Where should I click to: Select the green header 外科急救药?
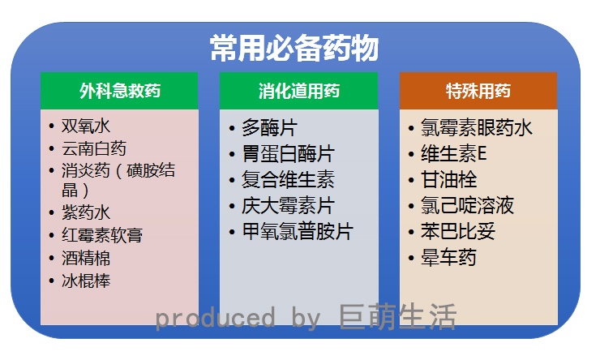[119, 90]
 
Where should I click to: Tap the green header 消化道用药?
[298, 90]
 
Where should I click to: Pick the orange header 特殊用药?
[478, 90]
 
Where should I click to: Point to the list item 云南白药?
[94, 148]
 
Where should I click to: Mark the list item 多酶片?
[269, 128]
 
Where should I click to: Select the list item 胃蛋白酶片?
[288, 154]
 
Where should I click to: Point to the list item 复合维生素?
[288, 180]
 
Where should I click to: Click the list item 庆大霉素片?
[288, 206]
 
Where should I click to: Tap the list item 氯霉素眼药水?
[476, 128]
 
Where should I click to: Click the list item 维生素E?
[453, 154]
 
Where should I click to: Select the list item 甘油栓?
[448, 180]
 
